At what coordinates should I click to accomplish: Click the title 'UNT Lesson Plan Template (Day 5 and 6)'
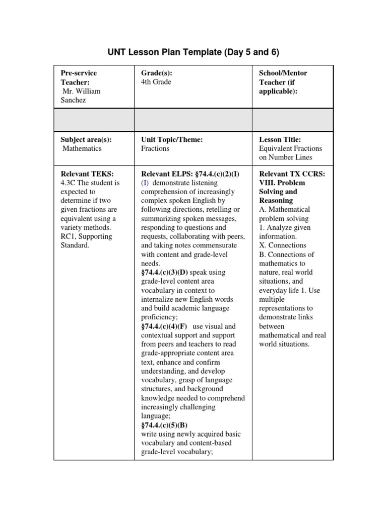(x=193, y=52)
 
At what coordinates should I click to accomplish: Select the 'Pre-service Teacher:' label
(x=79, y=77)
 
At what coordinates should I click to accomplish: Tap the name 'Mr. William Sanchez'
(x=81, y=96)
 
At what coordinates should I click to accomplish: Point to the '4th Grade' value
(x=156, y=82)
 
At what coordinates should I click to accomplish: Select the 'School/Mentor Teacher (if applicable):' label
(x=283, y=82)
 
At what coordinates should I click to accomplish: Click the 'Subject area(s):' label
(x=86, y=139)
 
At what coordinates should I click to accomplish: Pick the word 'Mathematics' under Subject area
(x=82, y=148)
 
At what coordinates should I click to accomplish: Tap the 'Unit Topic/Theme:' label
(x=172, y=139)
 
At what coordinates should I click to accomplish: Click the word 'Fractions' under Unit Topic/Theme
(x=155, y=148)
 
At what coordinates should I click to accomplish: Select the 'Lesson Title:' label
(x=280, y=139)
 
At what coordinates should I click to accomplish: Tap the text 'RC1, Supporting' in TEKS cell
(x=86, y=236)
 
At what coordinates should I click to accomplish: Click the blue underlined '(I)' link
(x=145, y=183)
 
